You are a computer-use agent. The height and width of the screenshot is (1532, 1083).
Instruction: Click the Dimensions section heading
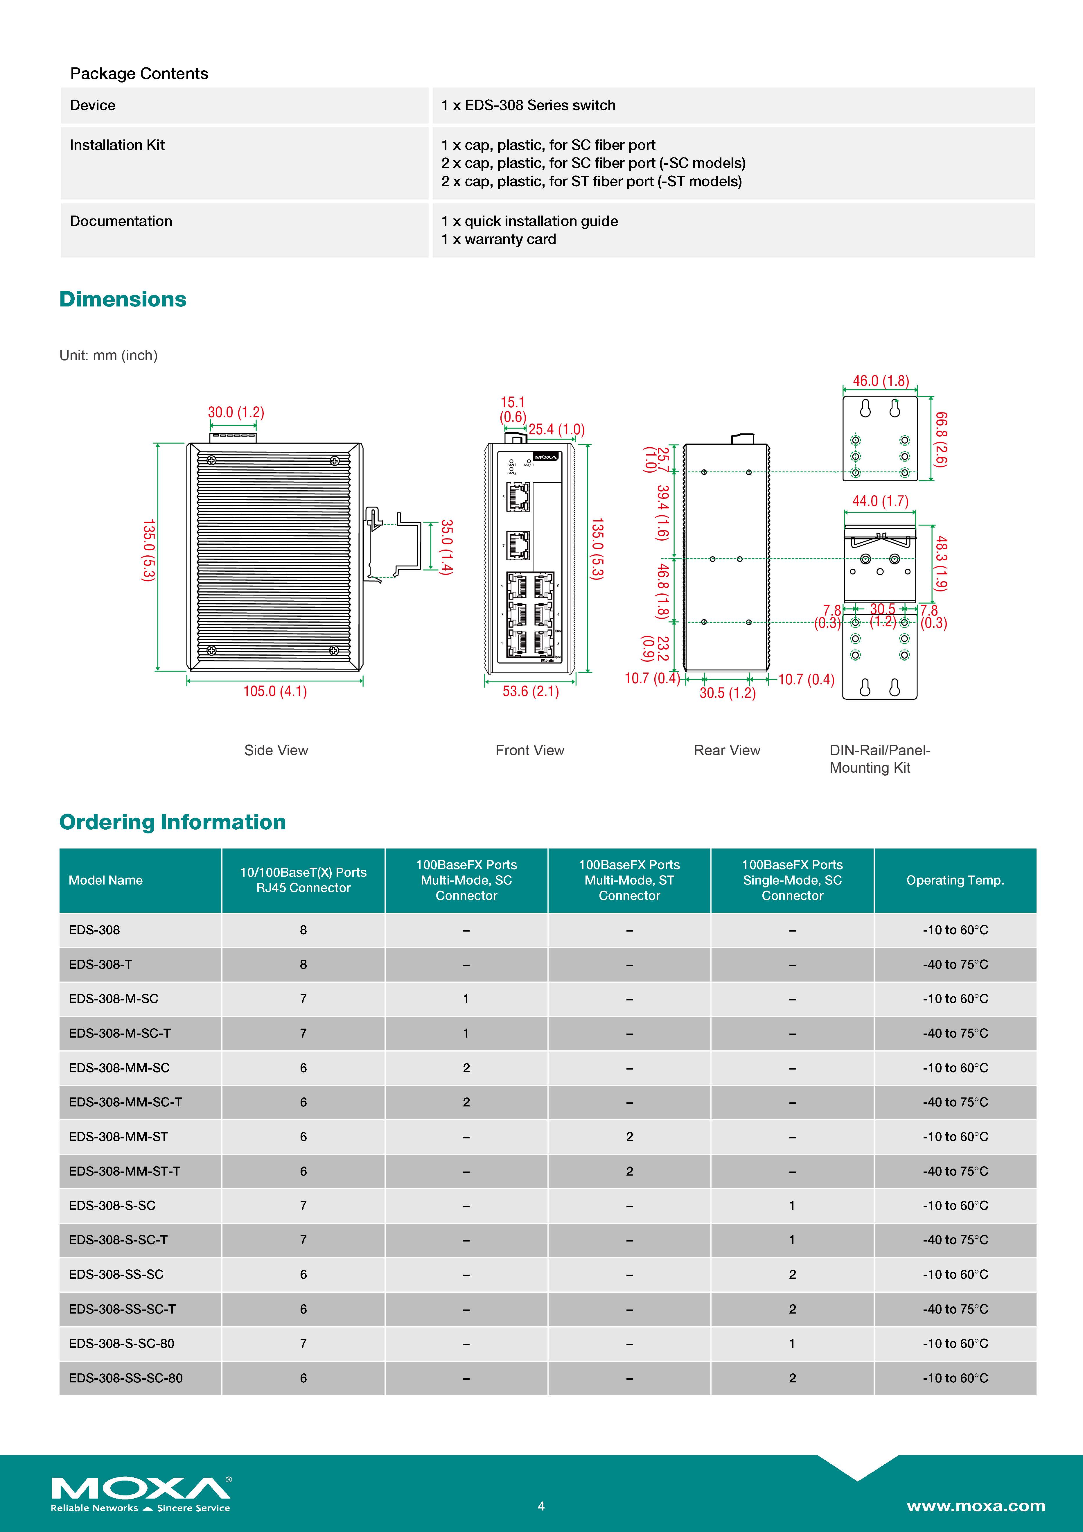click(123, 299)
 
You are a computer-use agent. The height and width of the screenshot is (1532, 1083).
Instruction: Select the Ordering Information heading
click(172, 822)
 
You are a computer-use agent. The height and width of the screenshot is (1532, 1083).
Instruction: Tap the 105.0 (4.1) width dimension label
click(275, 691)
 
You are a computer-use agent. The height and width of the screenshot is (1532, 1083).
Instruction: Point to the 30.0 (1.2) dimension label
click(236, 412)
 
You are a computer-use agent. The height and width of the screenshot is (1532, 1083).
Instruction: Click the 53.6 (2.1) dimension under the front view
click(531, 691)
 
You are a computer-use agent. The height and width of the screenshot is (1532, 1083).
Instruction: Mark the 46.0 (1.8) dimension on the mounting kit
click(881, 381)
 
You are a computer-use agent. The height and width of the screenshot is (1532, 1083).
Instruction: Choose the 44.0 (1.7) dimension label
click(880, 501)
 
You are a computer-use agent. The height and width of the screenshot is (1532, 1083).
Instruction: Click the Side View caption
click(276, 751)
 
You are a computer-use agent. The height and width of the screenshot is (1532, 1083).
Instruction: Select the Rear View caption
click(727, 751)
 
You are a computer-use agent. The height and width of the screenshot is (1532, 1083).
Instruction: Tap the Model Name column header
click(105, 880)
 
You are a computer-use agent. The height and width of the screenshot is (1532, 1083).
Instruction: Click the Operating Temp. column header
click(955, 880)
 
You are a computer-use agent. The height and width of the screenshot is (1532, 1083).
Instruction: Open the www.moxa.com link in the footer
click(976, 1506)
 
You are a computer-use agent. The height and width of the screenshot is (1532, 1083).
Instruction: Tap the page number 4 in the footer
click(541, 1506)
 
